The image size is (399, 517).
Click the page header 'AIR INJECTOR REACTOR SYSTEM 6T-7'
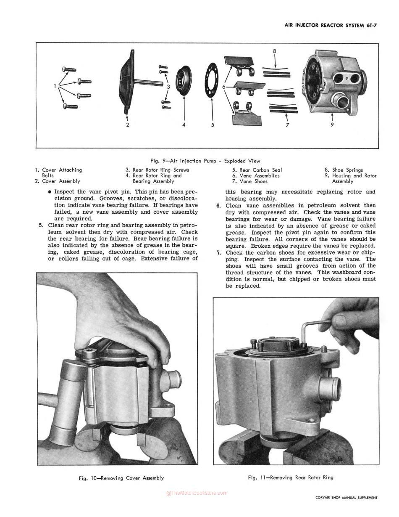point(331,26)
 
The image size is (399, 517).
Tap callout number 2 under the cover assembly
point(128,125)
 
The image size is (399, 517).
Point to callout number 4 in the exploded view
point(184,125)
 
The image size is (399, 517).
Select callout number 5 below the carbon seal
point(213,125)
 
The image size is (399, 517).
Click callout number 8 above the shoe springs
point(275,51)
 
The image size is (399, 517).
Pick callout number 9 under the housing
point(332,125)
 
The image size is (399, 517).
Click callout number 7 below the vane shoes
point(287,125)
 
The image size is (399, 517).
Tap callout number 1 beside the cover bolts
point(55,86)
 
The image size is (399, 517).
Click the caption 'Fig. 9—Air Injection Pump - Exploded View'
point(205,161)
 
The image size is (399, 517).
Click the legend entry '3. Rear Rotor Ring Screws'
point(157,170)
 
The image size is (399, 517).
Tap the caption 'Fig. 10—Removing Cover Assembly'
point(121,478)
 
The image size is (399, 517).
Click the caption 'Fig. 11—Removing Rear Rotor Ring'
point(291,477)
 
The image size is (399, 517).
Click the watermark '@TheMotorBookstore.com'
point(197,493)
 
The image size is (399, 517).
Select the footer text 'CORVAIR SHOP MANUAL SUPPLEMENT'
point(346,498)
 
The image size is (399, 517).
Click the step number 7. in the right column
point(219,253)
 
